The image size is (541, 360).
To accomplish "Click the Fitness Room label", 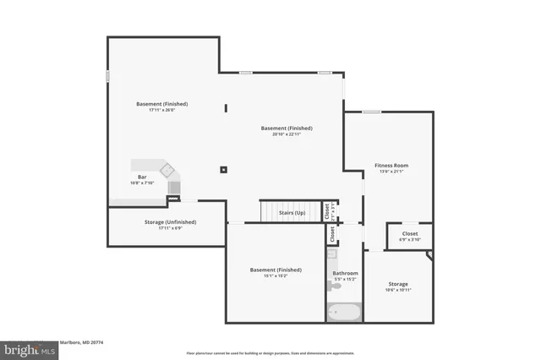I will coord(391,165).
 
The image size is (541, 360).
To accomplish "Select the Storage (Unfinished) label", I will coord(165,221).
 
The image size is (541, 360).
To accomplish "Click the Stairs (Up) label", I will coord(292,213).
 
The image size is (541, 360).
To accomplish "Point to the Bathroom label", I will coord(345,273).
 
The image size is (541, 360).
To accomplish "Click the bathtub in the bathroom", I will coord(344,312).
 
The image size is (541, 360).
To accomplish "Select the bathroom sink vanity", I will coord(332,254).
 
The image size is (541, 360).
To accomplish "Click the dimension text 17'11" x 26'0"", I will coord(161,110).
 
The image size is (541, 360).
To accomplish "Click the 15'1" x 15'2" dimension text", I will coord(276,275).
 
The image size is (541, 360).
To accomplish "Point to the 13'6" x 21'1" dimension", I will coord(391,172).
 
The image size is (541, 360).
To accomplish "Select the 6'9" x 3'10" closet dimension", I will coord(409,239).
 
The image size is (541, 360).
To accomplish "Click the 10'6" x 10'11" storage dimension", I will coord(398,290).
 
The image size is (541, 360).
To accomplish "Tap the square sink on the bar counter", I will coord(167,168).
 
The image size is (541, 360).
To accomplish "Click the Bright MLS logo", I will coord(25,349).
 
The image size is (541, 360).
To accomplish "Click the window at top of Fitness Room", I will coord(371,112).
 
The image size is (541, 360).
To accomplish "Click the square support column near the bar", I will coord(223,170).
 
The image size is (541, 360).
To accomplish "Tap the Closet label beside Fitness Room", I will coord(409,233).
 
